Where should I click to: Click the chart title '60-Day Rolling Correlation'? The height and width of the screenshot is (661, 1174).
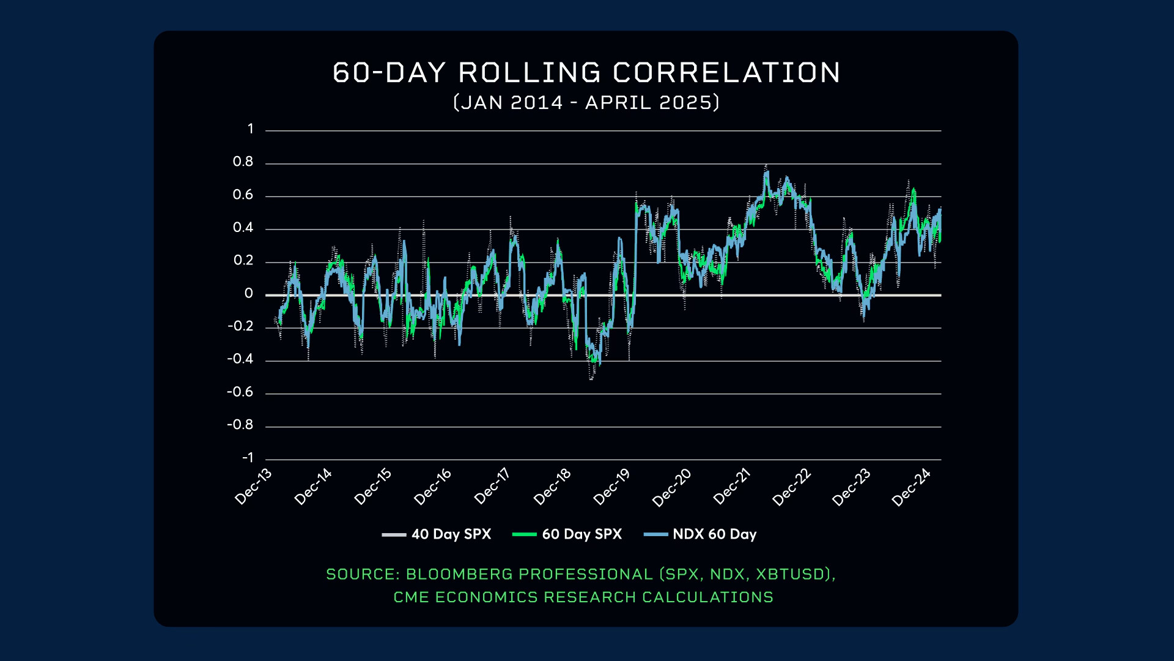click(586, 73)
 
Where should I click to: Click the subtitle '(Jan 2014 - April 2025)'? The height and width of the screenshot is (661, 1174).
click(586, 102)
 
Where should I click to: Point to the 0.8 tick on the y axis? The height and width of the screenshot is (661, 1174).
click(243, 162)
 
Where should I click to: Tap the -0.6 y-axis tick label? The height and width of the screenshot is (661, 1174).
click(240, 392)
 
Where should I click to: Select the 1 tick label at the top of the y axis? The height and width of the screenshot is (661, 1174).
click(250, 129)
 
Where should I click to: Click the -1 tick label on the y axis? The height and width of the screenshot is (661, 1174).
click(248, 457)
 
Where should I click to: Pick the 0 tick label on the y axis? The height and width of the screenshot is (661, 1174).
click(248, 293)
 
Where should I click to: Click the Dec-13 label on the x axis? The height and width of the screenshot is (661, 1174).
click(253, 487)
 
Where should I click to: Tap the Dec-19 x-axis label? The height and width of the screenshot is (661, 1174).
click(611, 487)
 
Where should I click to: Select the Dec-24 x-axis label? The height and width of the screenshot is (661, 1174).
click(911, 487)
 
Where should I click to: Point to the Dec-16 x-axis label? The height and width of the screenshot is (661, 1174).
click(432, 487)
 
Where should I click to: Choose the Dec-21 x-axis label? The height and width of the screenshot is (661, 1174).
click(732, 487)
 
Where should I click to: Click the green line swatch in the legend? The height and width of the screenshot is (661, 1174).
click(524, 534)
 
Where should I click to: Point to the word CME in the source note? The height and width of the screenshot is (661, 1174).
click(412, 597)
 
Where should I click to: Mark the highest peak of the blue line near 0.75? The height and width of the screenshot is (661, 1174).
click(766, 173)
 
